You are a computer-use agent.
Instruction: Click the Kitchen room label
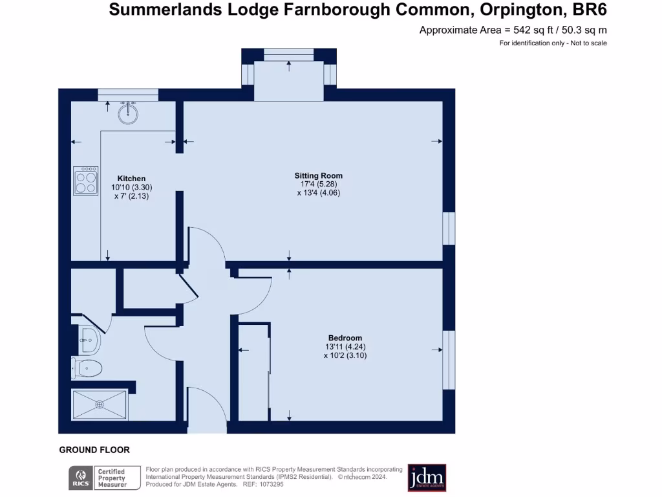tap(131, 179)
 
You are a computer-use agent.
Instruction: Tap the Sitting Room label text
tap(319, 175)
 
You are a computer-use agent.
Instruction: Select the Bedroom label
tap(345, 338)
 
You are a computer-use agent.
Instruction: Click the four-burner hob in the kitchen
tap(85, 181)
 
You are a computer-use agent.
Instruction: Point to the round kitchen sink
tap(129, 114)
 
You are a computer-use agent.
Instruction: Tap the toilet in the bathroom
tap(88, 369)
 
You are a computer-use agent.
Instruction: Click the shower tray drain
tap(100, 404)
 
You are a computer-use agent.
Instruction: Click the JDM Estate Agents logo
tap(427, 478)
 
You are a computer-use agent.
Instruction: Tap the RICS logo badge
tap(80, 478)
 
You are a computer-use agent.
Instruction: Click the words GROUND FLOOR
tap(94, 450)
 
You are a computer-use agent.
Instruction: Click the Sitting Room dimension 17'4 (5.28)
tap(319, 184)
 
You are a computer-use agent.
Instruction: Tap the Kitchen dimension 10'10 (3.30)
tap(132, 187)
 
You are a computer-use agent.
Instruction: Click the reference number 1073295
tap(271, 485)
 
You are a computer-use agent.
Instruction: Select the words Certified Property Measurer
tap(111, 478)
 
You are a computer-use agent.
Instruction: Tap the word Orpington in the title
tap(509, 10)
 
